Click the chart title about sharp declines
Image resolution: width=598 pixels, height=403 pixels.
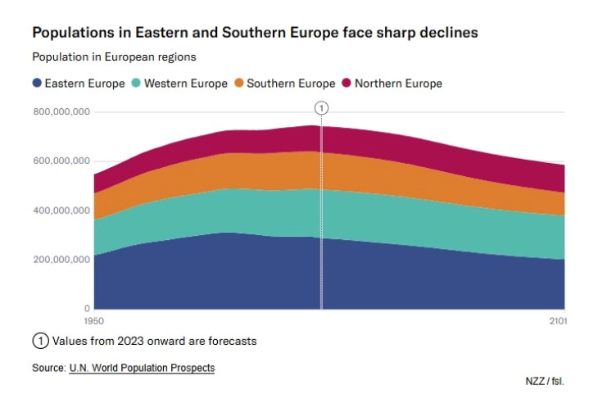click(255, 33)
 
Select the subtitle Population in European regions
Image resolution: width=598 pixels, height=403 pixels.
click(114, 57)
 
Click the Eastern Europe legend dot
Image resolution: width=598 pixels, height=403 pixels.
click(37, 84)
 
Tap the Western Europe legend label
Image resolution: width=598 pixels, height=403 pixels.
click(185, 84)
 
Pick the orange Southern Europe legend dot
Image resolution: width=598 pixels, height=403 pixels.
click(239, 84)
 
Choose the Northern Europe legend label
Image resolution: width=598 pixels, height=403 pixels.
click(398, 84)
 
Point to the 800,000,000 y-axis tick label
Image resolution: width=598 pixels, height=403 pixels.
click(61, 112)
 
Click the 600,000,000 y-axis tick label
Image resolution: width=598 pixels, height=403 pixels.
click(61, 161)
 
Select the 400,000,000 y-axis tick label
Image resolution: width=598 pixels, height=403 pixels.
click(61, 211)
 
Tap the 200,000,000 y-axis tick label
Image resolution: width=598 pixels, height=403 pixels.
click(61, 260)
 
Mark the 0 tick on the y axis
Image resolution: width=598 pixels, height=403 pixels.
click(86, 309)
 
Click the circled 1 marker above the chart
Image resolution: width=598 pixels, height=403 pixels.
click(321, 108)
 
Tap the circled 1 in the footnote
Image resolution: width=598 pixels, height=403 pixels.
click(39, 341)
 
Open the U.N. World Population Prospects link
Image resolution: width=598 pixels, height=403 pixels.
click(142, 368)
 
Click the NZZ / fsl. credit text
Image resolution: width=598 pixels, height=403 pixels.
click(545, 381)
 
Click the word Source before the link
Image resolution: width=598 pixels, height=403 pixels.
click(48, 368)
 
